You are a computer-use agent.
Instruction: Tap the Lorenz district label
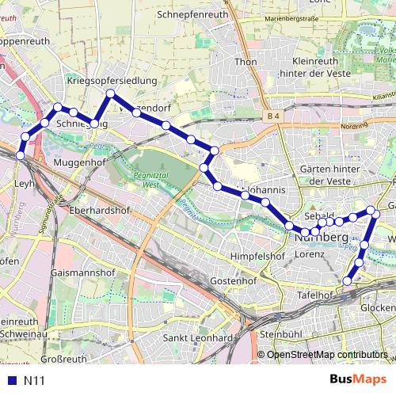click(310, 254)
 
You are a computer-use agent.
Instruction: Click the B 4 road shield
click(274, 116)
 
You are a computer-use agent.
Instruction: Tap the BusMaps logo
click(359, 379)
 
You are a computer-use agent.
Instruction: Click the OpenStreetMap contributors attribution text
click(326, 355)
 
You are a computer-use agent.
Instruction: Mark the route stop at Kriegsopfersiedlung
click(111, 94)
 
